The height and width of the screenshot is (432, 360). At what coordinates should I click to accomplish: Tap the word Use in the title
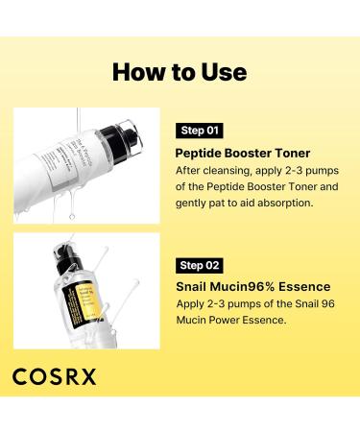coord(220,71)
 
